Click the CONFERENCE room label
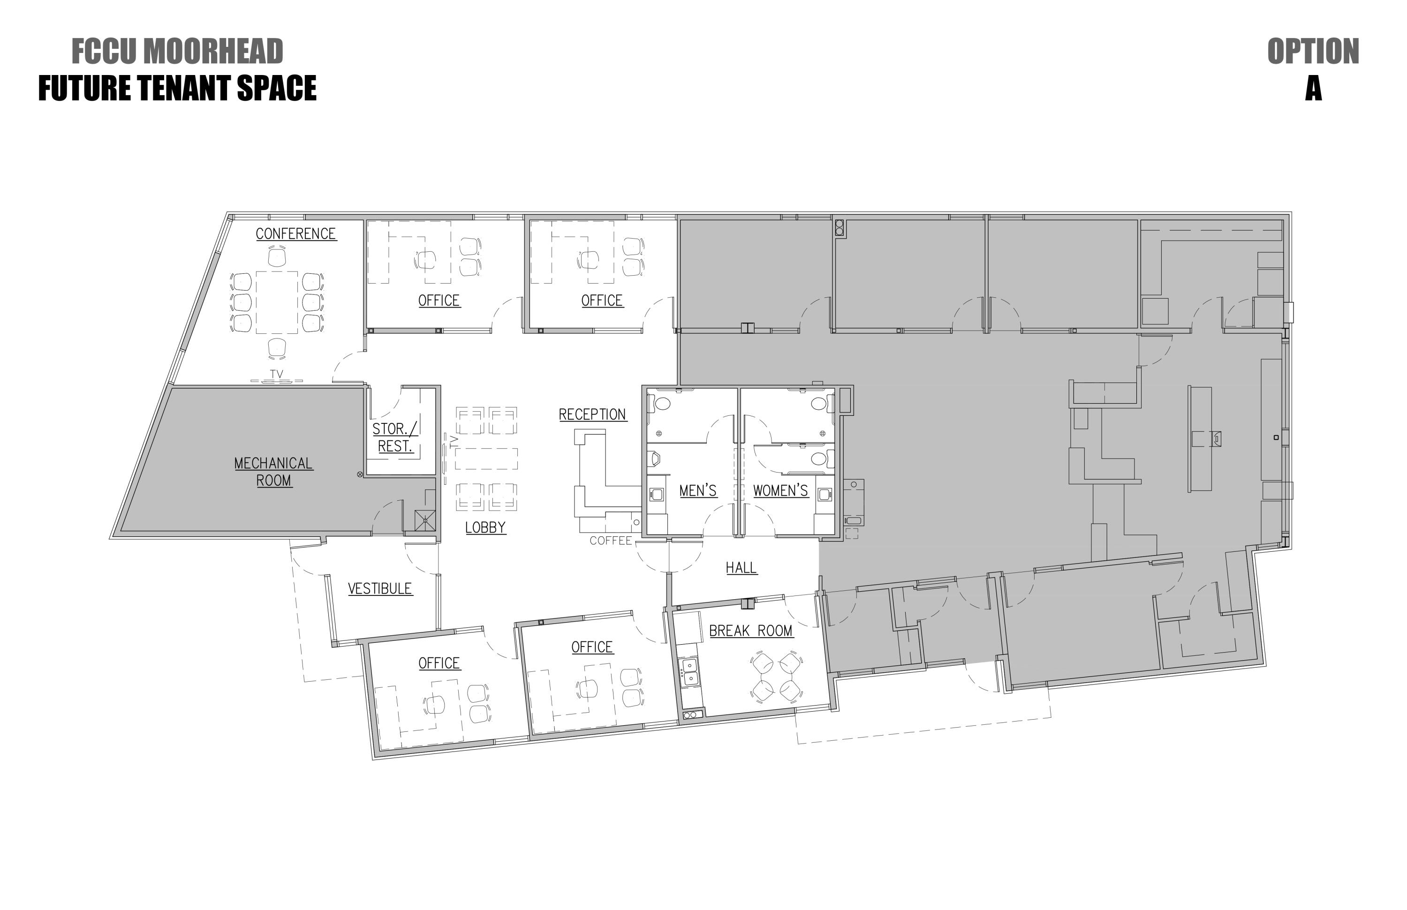(295, 234)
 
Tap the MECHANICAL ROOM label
(274, 472)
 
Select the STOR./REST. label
(395, 437)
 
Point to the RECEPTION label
(592, 415)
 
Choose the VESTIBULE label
(379, 588)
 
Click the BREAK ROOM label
(751, 631)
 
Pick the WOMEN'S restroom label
(780, 491)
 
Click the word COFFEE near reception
(611, 541)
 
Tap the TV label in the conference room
(276, 374)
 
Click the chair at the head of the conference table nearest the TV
(277, 348)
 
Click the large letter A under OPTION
(1314, 89)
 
